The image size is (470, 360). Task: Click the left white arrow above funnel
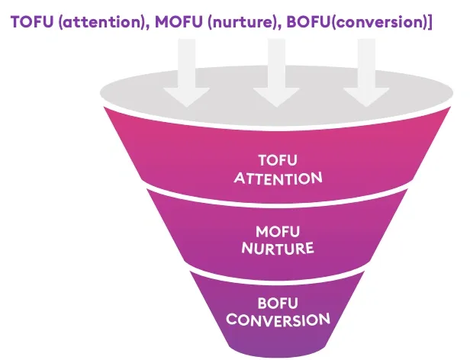click(186, 72)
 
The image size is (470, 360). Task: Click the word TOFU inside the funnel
click(277, 162)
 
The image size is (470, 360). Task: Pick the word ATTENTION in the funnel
click(277, 179)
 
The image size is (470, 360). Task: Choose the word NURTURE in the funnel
click(277, 249)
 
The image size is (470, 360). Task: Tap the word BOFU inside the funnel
click(277, 302)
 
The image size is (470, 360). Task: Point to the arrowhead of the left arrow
click(186, 95)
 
